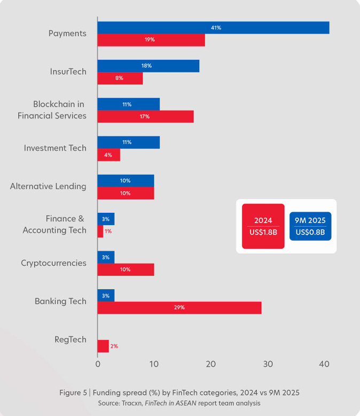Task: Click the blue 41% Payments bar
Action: [213, 28]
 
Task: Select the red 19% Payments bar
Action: [151, 40]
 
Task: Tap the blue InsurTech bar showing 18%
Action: [148, 66]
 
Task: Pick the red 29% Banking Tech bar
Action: [179, 307]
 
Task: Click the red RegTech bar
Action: [103, 346]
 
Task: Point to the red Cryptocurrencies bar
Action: [126, 269]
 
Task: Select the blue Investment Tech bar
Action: [128, 142]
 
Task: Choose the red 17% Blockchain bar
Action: [145, 117]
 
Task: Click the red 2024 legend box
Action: [263, 226]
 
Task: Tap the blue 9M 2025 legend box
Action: [310, 226]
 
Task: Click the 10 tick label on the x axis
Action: [154, 364]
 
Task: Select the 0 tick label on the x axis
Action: [98, 364]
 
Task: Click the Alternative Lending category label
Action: [48, 186]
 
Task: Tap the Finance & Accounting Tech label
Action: [54, 225]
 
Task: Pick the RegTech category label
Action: [70, 340]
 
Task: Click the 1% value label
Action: [108, 231]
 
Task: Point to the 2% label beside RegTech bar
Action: [114, 346]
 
